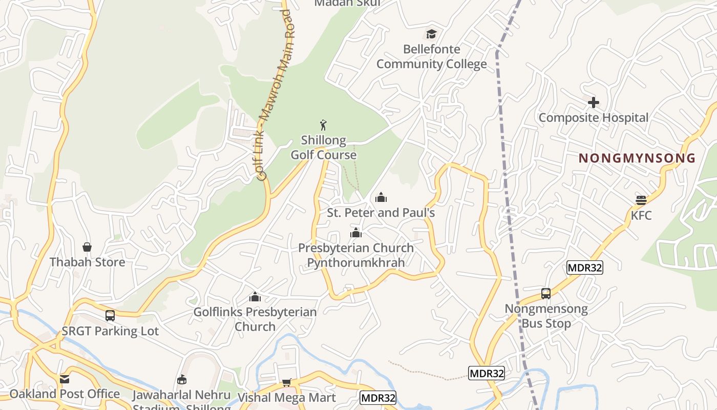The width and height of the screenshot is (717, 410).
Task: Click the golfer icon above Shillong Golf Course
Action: tap(323, 125)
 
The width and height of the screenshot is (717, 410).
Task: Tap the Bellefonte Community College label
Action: tap(432, 57)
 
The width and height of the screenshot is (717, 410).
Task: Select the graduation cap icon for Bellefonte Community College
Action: tap(432, 34)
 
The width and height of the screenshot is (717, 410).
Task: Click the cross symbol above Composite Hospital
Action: tap(594, 102)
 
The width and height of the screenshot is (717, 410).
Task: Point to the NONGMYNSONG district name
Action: tap(637, 158)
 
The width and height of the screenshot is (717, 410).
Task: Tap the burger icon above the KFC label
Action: tap(641, 200)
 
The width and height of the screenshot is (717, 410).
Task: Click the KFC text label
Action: tap(641, 215)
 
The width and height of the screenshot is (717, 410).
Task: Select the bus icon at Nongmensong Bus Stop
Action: tap(546, 294)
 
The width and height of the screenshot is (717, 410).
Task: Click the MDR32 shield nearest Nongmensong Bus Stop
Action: tap(584, 268)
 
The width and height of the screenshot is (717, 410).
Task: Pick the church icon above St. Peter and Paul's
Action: tap(381, 197)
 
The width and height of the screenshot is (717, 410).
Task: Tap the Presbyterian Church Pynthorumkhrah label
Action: tap(356, 255)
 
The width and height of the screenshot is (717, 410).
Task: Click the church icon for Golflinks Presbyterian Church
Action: tap(255, 297)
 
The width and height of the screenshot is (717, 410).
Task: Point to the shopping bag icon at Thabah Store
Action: tap(87, 247)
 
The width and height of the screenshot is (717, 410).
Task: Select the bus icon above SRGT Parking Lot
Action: tap(110, 316)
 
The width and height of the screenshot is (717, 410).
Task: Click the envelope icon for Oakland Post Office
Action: tap(65, 379)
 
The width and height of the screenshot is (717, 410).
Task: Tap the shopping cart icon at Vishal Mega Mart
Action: tap(287, 383)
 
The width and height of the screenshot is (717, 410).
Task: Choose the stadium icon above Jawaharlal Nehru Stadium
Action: tap(182, 380)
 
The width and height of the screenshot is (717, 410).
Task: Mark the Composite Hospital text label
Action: tap(594, 118)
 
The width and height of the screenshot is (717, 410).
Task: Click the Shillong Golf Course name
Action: tap(324, 148)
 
